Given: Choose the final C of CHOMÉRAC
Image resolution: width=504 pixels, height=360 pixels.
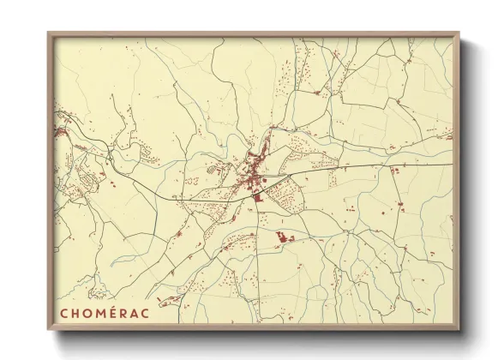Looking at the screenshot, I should [148, 312].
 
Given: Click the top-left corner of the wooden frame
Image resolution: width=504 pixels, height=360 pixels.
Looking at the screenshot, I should [48, 33].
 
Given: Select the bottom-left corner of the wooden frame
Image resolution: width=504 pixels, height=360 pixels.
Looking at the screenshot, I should [48, 330].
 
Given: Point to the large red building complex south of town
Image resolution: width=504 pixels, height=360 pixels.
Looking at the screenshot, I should [283, 237].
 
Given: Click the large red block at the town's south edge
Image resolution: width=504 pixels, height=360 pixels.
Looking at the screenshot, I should [256, 198].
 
